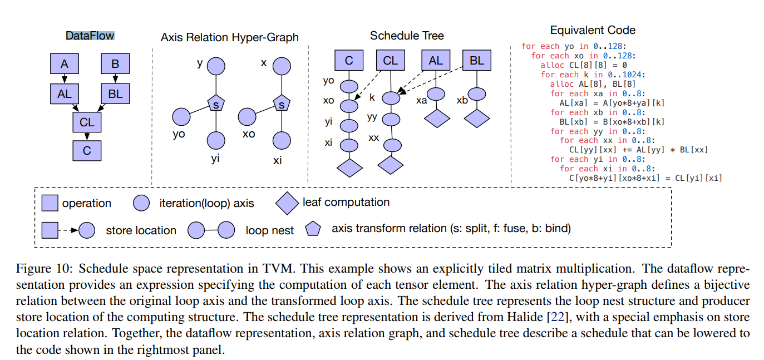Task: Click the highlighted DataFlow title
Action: [90, 36]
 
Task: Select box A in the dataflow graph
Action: [65, 64]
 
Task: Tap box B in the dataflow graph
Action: [115, 64]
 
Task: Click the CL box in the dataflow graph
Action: [87, 122]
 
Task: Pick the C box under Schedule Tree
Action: [349, 60]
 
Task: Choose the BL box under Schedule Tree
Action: [477, 60]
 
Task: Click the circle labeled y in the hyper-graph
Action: [216, 66]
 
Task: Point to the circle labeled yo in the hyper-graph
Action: [181, 117]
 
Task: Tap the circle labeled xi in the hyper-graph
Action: [282, 140]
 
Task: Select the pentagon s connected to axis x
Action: [282, 103]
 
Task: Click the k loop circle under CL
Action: [391, 98]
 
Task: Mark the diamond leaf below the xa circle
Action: [437, 119]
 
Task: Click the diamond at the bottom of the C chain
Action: [349, 167]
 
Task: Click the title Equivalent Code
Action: [593, 31]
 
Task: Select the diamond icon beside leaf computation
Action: [287, 203]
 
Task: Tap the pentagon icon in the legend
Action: [313, 229]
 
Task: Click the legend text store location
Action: [141, 230]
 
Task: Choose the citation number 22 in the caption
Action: [558, 317]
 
